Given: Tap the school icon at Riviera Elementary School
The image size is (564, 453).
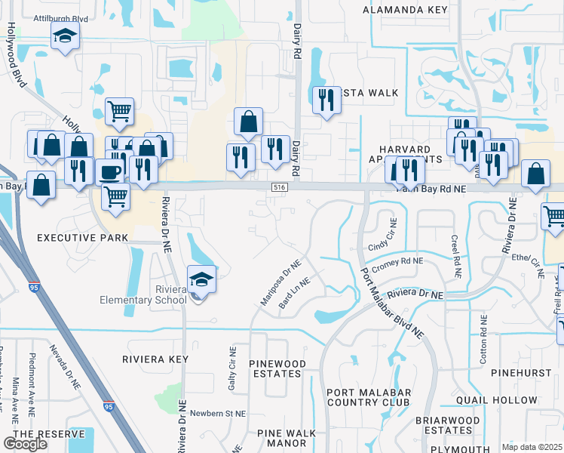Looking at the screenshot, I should [x=201, y=279].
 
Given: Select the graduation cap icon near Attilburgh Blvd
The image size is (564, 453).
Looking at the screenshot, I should [x=66, y=35].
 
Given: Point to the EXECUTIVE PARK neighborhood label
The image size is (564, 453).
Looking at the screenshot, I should [x=83, y=238].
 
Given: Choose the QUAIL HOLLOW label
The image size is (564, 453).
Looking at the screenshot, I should [x=503, y=401].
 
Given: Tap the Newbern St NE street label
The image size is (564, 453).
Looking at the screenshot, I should [x=218, y=414].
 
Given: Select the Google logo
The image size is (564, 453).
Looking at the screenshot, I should [x=25, y=444].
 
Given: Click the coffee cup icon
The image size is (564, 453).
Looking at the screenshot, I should [x=109, y=171].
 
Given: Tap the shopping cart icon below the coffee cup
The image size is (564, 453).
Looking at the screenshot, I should [x=115, y=196].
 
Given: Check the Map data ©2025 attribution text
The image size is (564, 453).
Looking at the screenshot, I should [x=532, y=447].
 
